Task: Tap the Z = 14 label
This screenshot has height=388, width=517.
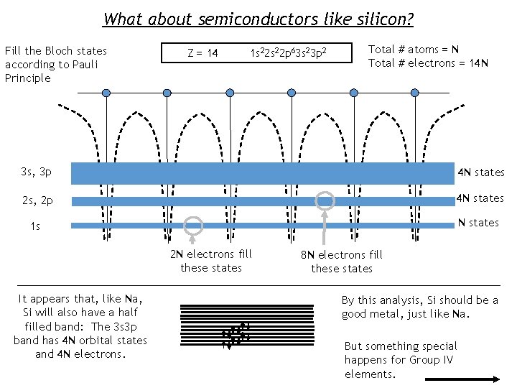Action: pos(202,52)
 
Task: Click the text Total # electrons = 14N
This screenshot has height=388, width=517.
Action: pos(428,63)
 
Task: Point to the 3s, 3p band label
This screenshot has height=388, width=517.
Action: pos(37,172)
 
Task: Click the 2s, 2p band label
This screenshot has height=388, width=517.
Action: pos(37,200)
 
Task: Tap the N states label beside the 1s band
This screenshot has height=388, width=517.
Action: pos(478,223)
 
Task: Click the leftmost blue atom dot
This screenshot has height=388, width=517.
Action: pos(106,93)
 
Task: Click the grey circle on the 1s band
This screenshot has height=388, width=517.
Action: pos(193,226)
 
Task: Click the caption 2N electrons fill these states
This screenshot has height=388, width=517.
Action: pos(211,261)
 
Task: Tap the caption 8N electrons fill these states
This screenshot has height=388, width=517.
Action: pos(342,262)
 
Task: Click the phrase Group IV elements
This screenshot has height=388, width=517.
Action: pos(401,366)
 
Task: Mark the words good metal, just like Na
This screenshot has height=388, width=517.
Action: pos(404,313)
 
